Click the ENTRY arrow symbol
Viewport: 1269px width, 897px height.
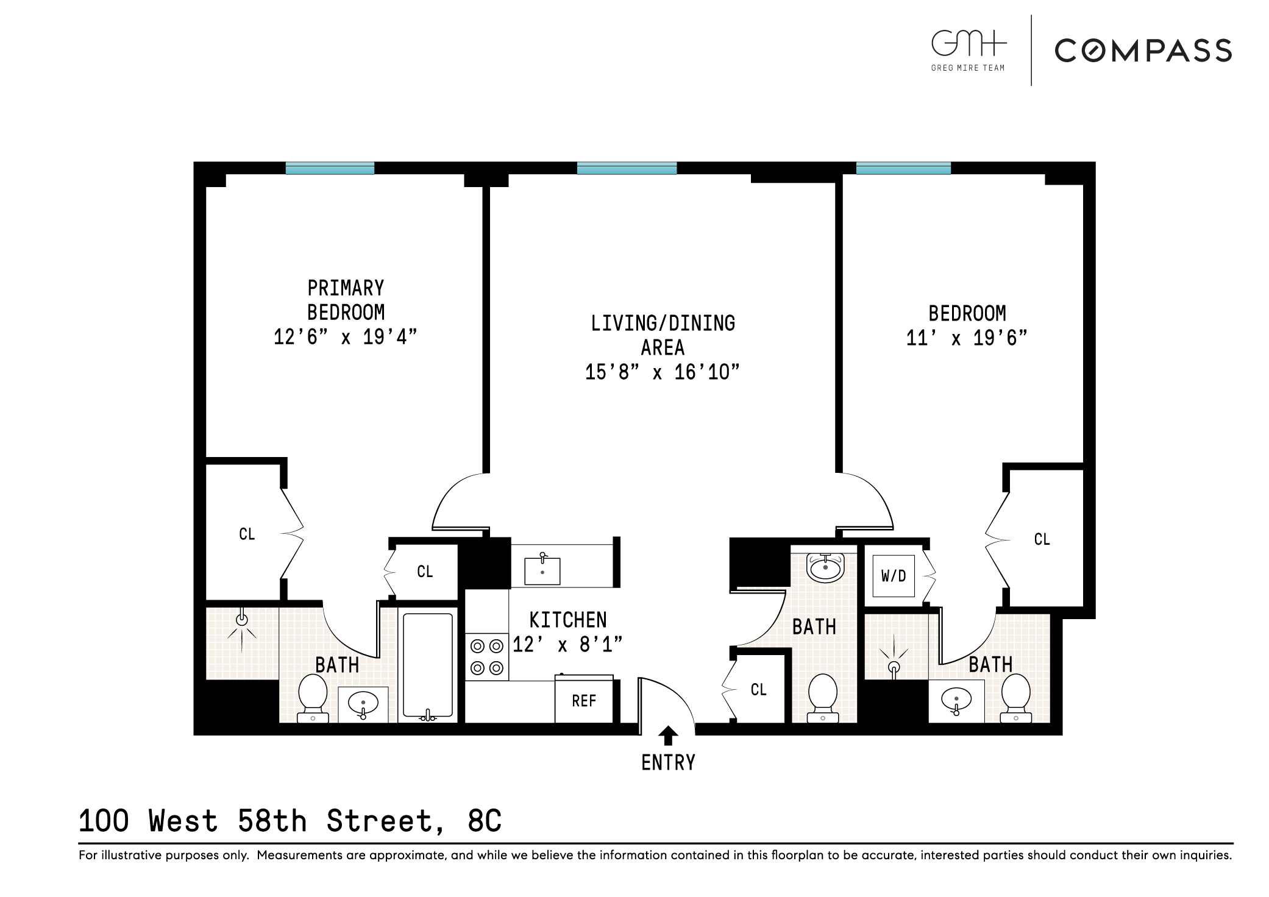pos(668,736)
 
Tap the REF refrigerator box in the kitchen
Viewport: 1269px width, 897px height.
pos(583,701)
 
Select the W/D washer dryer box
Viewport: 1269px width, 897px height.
pos(893,576)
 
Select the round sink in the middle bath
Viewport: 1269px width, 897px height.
pos(825,567)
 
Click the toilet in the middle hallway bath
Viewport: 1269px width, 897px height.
pos(822,697)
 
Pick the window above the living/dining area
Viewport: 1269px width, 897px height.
pos(627,168)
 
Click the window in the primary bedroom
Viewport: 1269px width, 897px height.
pos(330,168)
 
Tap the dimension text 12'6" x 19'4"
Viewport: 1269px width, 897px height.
pos(346,337)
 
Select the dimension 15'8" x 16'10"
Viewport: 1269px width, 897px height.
pos(662,372)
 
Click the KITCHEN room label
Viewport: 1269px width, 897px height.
pos(567,620)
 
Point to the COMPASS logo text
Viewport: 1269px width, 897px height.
pos(1143,51)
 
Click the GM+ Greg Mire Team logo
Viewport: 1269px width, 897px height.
pos(968,51)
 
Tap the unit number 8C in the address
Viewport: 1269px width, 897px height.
pos(485,821)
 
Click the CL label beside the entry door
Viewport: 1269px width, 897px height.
pos(758,689)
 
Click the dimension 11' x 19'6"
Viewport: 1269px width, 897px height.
pos(967,338)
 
